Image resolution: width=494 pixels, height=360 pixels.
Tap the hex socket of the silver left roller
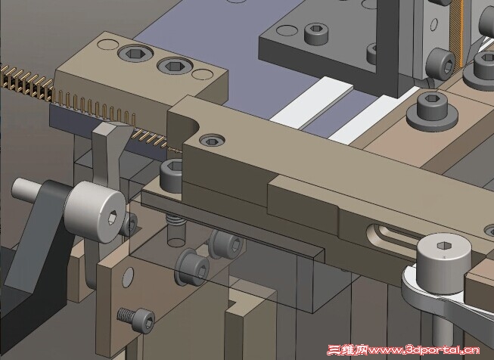point(113,217)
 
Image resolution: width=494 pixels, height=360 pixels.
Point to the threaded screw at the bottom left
point(135,318)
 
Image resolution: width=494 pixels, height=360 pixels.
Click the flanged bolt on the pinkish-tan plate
point(432,111)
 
